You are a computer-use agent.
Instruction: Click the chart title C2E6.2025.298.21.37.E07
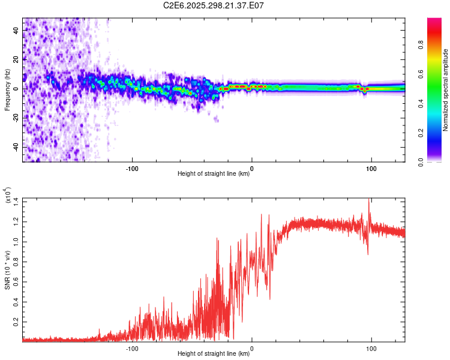click(x=214, y=5)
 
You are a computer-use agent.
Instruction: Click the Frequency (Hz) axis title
click(x=8, y=90)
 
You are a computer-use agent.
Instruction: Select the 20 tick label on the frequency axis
click(x=16, y=59)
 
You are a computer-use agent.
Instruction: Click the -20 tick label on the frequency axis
click(x=15, y=118)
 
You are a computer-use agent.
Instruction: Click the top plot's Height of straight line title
click(x=214, y=173)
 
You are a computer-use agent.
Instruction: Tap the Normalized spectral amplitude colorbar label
click(x=445, y=90)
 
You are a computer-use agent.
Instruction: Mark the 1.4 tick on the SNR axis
click(x=15, y=201)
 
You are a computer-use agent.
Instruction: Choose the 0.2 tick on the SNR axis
click(x=15, y=322)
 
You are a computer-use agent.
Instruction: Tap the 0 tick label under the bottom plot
click(x=251, y=347)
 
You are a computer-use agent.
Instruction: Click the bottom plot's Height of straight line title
click(x=214, y=354)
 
